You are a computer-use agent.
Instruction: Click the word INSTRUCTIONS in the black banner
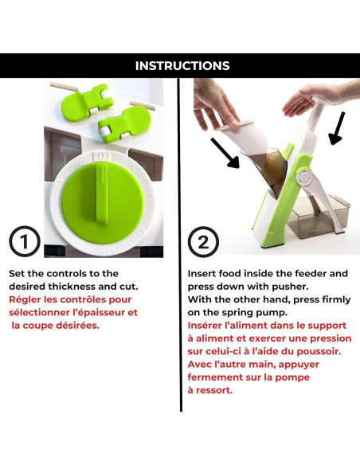point(182,66)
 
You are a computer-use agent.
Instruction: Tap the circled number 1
point(25,241)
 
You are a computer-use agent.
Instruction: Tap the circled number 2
point(203,242)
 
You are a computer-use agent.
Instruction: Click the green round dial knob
point(103,203)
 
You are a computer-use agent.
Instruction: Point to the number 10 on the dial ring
point(101,157)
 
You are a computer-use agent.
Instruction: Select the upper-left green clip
point(87,101)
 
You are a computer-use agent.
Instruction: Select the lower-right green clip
point(124,123)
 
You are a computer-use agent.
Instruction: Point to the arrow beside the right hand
point(337,128)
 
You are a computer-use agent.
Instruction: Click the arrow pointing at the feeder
point(225,153)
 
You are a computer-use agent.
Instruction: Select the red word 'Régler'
point(25,299)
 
